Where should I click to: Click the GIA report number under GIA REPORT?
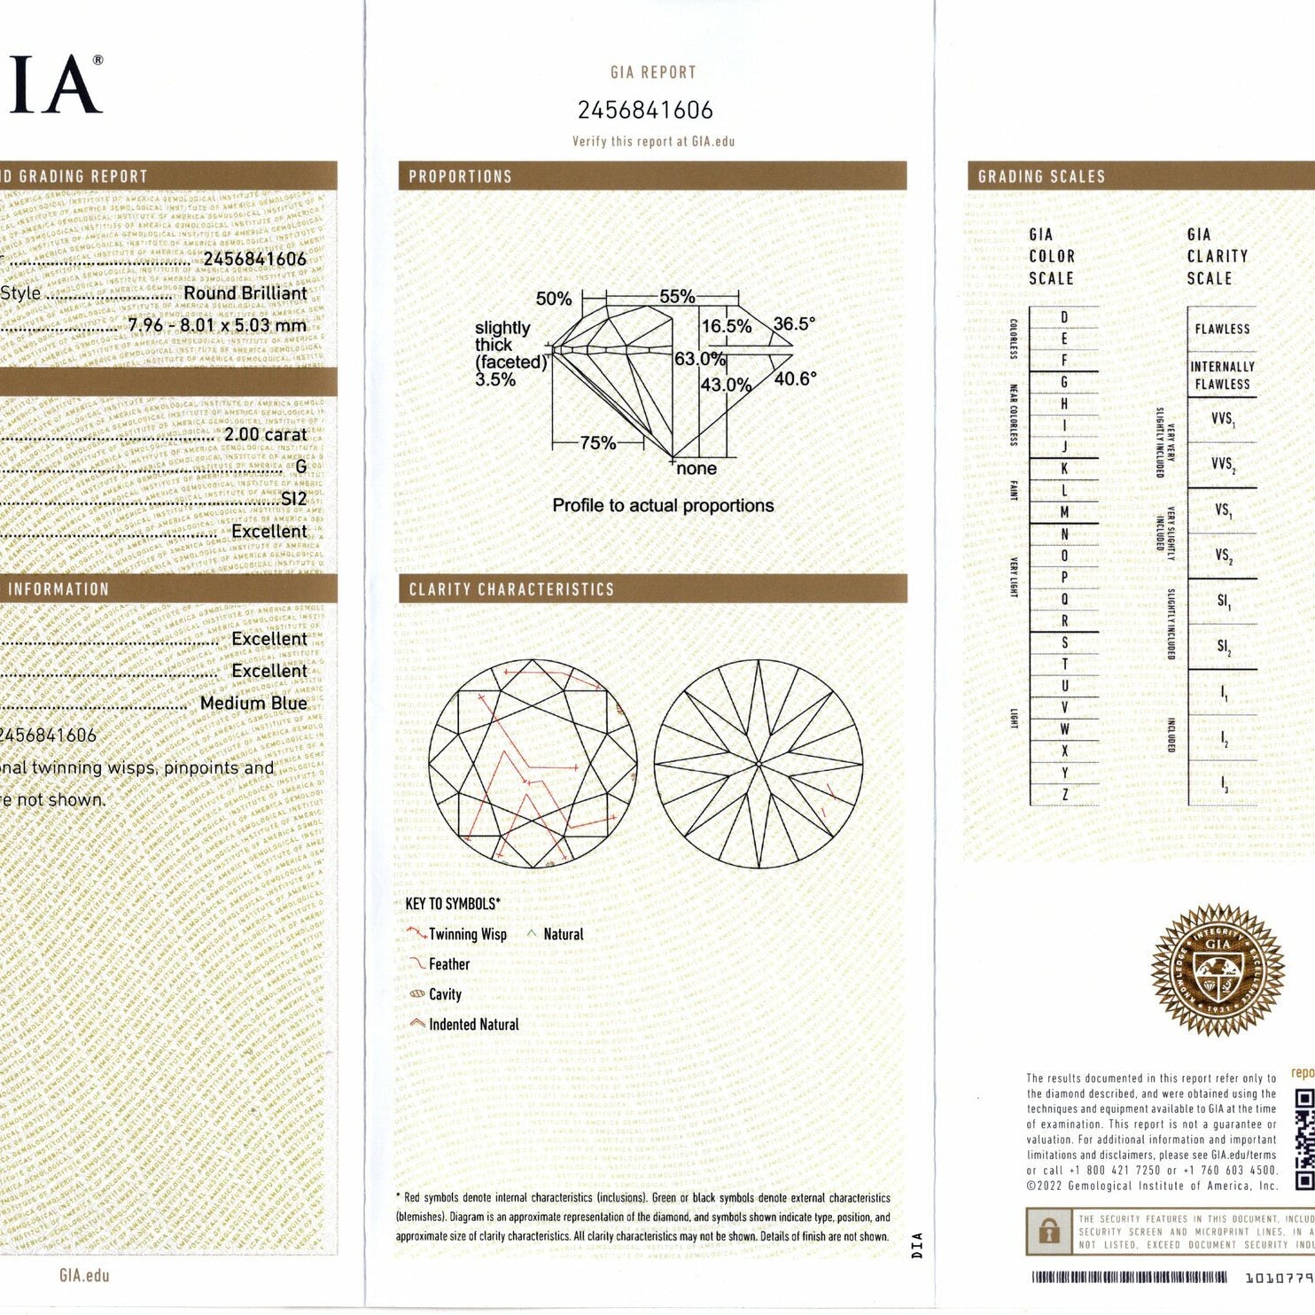(645, 110)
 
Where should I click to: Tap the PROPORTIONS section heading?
(460, 176)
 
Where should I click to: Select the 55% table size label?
(677, 297)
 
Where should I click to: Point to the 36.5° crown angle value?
(794, 324)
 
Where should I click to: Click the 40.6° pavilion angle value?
(795, 379)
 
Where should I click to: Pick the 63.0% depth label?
(700, 359)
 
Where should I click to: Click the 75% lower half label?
(597, 443)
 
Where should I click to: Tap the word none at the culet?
(696, 469)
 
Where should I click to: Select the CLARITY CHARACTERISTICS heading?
(511, 589)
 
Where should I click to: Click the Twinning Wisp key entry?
(467, 934)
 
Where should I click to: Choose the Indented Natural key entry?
(473, 1024)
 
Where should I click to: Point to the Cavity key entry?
(445, 994)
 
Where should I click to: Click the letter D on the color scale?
(1064, 317)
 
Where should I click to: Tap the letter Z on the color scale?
(1064, 795)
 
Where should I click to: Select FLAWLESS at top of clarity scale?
(1222, 329)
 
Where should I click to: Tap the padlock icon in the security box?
(1049, 1232)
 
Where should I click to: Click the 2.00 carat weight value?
(265, 435)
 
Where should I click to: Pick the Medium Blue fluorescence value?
(253, 704)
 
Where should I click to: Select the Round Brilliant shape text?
(245, 293)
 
